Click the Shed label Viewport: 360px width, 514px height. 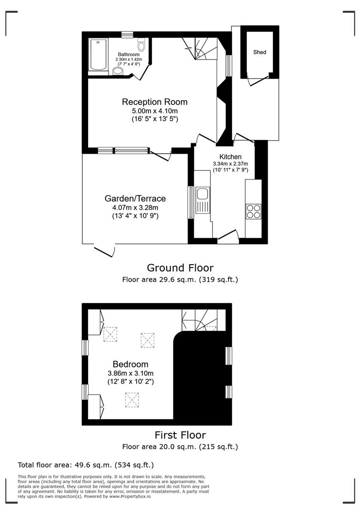click(260, 52)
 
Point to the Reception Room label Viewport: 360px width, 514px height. click(155, 102)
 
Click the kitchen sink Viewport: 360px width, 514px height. click(202, 194)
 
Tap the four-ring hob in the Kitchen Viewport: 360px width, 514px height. click(253, 211)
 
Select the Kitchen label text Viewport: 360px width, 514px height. click(230, 157)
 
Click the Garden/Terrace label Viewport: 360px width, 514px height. click(135, 198)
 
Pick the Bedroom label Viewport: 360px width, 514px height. click(130, 365)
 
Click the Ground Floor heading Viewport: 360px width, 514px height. click(180, 268)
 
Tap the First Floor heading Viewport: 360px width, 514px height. click(180, 435)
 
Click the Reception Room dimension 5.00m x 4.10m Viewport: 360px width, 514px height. click(155, 111)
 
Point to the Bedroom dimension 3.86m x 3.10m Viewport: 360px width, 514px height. click(130, 374)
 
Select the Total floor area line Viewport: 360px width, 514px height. click(86, 465)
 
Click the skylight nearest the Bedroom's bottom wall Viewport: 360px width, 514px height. click(131, 400)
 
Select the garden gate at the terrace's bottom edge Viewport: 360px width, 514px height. click(105, 250)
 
